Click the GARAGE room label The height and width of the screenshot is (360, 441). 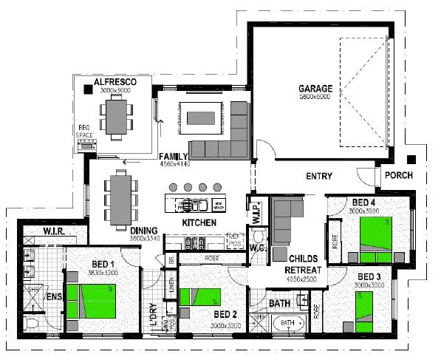tap(315, 88)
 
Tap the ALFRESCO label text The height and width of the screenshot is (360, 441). tap(116, 81)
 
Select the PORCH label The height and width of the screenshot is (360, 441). tap(399, 176)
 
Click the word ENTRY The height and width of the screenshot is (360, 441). tap(318, 177)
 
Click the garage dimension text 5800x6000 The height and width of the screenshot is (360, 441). tap(315, 97)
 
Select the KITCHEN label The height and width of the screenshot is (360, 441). tap(199, 222)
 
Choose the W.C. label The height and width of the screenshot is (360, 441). tap(259, 247)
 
